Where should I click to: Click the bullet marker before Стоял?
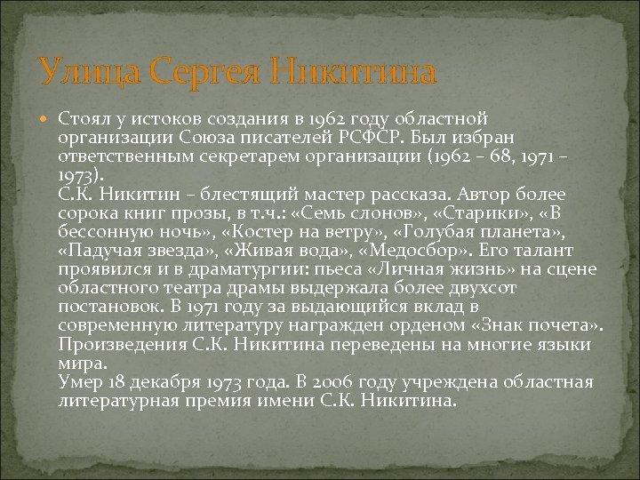click(45, 119)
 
